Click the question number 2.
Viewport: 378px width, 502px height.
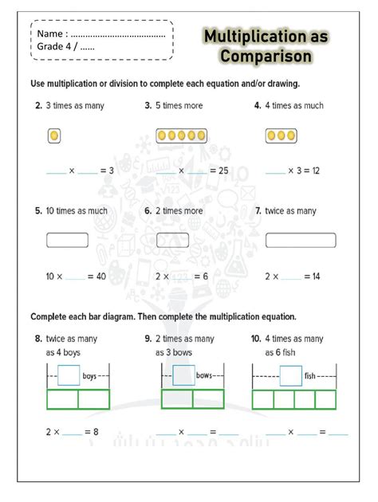pos(38,105)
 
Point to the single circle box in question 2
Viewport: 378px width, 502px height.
pos(54,136)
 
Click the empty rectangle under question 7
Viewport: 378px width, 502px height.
pos(301,240)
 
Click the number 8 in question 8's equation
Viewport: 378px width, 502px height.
pos(96,433)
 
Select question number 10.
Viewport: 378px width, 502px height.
pos(257,339)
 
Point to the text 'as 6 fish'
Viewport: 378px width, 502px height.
pos(285,352)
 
